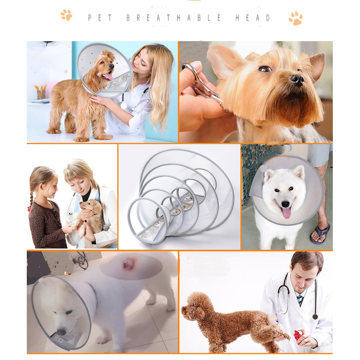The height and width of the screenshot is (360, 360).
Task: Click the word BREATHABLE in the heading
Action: tap(174, 18)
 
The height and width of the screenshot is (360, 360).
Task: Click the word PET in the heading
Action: tap(100, 18)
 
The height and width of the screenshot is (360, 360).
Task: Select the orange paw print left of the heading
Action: tap(66, 15)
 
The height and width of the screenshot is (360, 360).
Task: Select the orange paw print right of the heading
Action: tap(296, 18)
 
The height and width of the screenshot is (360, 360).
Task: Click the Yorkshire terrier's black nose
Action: tap(297, 80)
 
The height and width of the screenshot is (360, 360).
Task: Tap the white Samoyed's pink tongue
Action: tap(286, 213)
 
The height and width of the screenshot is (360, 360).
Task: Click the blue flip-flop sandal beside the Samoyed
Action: tap(320, 234)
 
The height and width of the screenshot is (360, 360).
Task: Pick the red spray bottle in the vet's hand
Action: tap(298, 336)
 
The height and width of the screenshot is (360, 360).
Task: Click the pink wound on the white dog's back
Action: tap(129, 264)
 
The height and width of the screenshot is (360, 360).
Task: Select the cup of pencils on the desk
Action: tap(41, 92)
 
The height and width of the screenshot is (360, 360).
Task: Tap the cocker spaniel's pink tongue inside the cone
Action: tap(108, 77)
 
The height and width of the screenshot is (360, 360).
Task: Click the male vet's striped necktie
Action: tap(300, 300)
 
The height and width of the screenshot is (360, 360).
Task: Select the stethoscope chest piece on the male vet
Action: tap(315, 317)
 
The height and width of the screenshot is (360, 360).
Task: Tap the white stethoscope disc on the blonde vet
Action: tap(124, 106)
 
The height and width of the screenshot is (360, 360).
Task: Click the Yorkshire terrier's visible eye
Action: tap(265, 69)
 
